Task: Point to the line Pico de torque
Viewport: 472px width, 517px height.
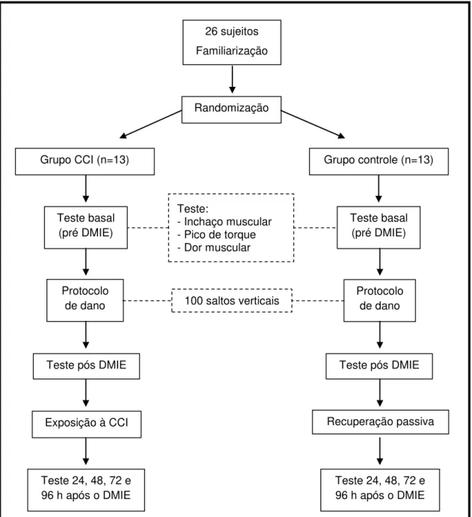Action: pyautogui.click(x=217, y=234)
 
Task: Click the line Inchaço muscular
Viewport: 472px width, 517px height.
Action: pyautogui.click(x=224, y=221)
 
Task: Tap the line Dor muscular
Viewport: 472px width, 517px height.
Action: pyautogui.click(x=214, y=248)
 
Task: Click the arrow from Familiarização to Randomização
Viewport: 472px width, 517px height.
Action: pyautogui.click(x=233, y=79)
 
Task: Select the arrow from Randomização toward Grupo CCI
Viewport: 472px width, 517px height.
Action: pyautogui.click(x=150, y=124)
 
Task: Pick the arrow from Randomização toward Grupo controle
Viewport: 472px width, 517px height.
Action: pyautogui.click(x=313, y=124)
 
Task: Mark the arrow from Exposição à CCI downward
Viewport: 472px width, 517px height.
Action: pyautogui.click(x=86, y=451)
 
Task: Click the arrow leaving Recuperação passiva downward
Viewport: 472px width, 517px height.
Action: pyautogui.click(x=380, y=451)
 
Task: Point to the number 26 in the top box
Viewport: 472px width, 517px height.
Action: pyautogui.click(x=211, y=31)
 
